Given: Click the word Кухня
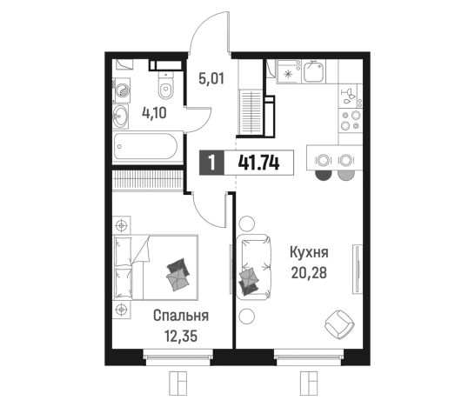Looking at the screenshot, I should pos(309,253).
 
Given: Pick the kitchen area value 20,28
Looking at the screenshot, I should pos(309,275).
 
